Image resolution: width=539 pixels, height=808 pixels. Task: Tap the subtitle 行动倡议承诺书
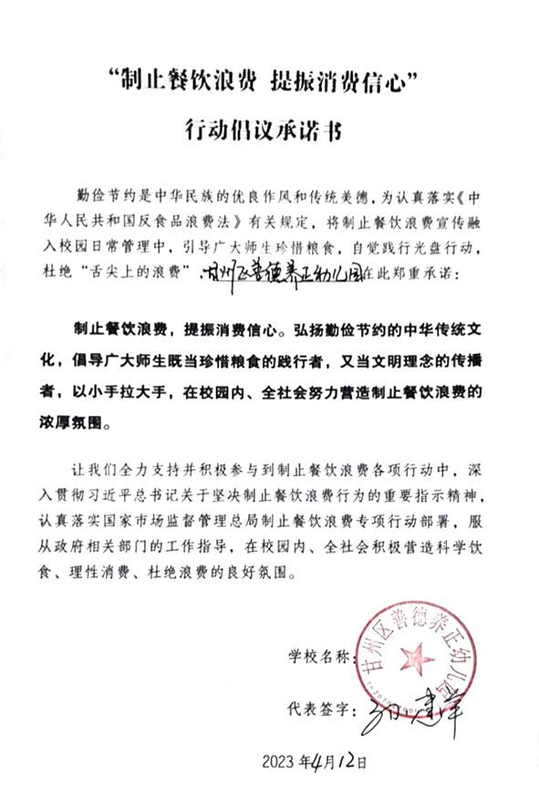270,129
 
